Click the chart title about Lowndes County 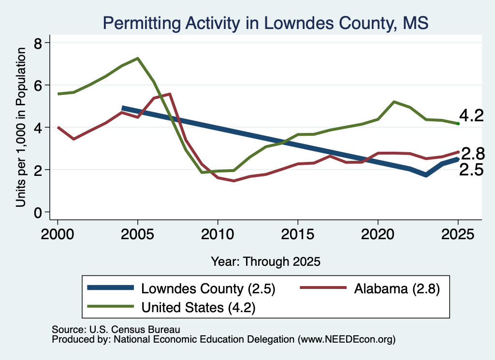coord(265,23)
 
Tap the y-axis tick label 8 coord(38,43)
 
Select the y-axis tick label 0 coord(38,213)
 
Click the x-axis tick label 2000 coord(58,234)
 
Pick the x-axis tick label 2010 coord(218,234)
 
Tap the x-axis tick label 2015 coord(298,234)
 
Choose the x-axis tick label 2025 coord(458,234)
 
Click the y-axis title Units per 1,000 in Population coord(21,127)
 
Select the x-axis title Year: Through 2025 coord(265,261)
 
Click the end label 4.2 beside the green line coord(471,115)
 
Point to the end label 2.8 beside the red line coord(473,154)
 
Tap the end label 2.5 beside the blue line coord(471,170)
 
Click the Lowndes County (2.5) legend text coord(208,288)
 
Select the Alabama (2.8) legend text coord(397,288)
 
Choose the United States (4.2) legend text coord(198,307)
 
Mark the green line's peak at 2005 coord(138,58)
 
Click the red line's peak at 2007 coord(170,94)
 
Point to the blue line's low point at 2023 coord(426,175)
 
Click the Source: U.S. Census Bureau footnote coord(116,330)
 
